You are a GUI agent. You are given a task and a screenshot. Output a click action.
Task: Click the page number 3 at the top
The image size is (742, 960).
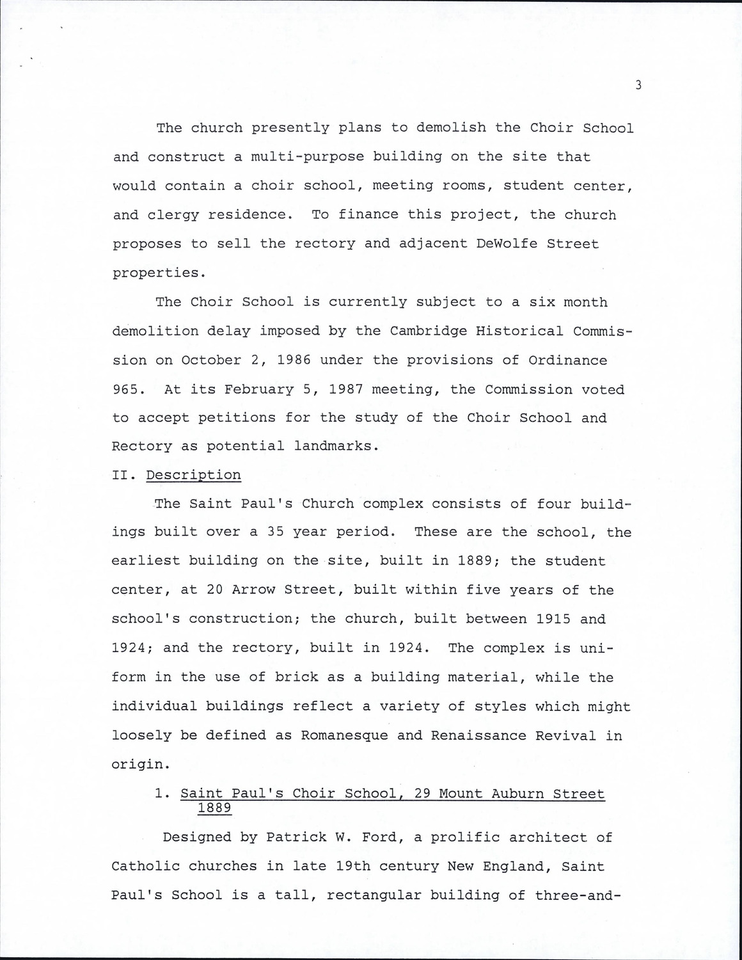click(x=638, y=85)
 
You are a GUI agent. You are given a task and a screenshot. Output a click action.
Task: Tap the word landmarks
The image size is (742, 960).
click(x=333, y=446)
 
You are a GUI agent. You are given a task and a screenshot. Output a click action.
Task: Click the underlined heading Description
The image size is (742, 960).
click(x=193, y=475)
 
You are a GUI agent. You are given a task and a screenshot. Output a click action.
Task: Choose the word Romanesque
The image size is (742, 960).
click(x=345, y=735)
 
